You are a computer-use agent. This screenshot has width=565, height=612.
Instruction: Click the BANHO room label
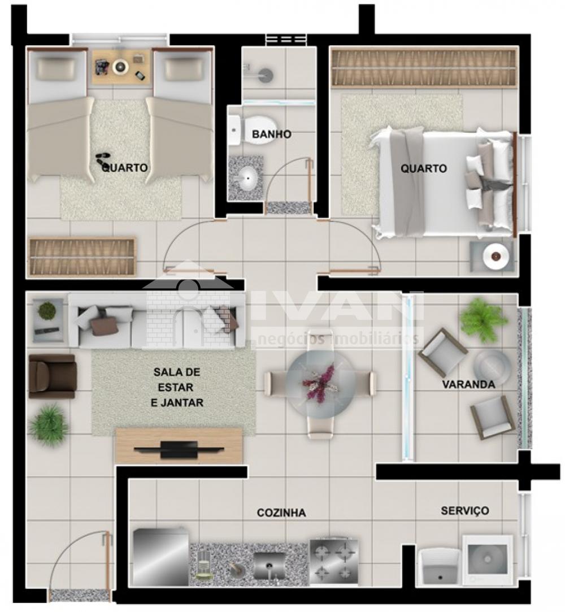point(272,134)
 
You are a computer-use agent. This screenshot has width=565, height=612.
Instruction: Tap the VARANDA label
point(468,384)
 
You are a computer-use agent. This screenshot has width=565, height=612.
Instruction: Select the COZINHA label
point(281,513)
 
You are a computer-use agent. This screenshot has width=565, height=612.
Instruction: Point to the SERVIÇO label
point(465,510)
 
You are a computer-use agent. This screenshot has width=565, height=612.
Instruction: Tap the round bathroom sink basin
point(247,179)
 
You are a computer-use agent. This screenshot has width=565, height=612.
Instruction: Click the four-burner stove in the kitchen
point(333,562)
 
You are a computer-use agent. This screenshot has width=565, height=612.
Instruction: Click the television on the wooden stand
point(179,449)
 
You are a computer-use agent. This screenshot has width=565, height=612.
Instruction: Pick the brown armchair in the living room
point(53,376)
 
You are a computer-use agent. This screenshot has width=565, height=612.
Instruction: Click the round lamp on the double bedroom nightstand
point(496,256)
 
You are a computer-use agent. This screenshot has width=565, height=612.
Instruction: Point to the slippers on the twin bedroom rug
point(103,159)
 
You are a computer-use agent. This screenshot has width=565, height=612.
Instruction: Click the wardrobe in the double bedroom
point(424,67)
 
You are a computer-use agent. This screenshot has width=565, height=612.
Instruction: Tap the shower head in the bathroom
point(266,75)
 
